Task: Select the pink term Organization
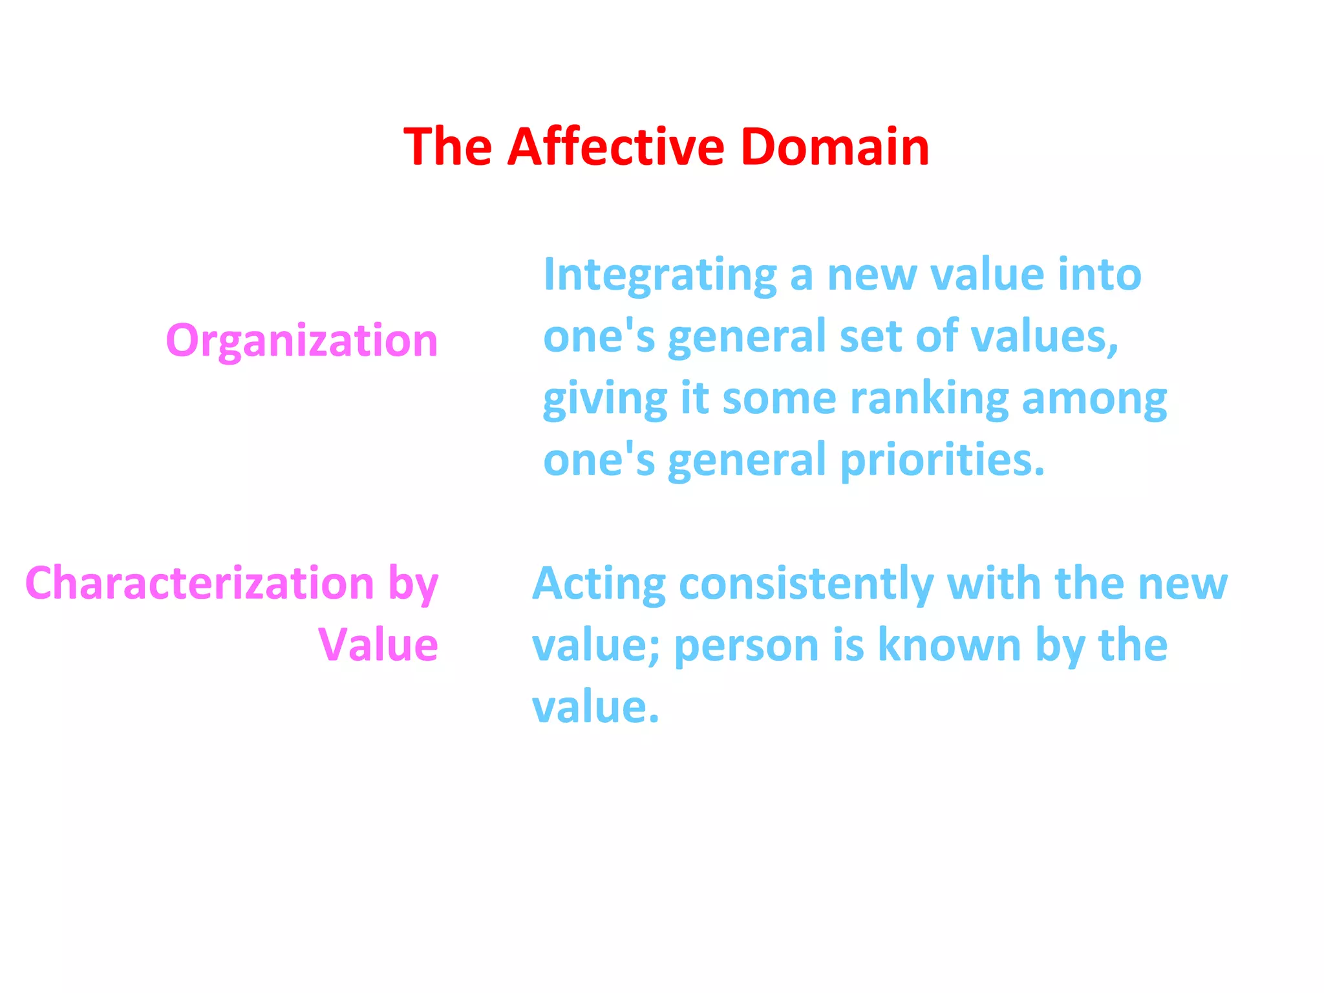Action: tap(302, 341)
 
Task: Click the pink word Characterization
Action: tap(200, 583)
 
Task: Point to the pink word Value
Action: tap(378, 645)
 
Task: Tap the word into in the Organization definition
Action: tap(1100, 274)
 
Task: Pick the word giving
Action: tap(604, 399)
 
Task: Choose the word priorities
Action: tap(942, 460)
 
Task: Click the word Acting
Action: tap(599, 584)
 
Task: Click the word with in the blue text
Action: tap(994, 583)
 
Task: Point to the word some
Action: tap(779, 399)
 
